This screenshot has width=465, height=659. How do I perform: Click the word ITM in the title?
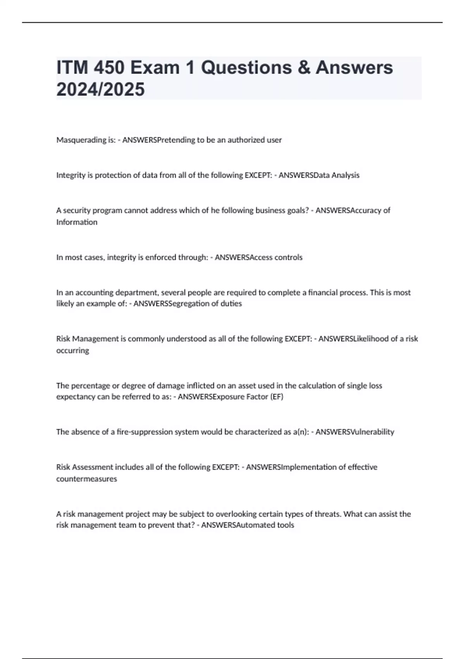click(72, 67)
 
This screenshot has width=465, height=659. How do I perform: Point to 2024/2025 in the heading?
click(100, 89)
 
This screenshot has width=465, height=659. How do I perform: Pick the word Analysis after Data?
click(345, 175)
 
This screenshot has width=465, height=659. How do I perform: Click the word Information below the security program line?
click(77, 222)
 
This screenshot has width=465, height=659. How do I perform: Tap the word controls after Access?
click(288, 257)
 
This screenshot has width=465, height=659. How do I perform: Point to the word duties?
click(231, 304)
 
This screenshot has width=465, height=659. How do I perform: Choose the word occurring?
click(72, 350)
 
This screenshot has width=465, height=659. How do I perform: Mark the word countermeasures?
click(86, 479)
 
